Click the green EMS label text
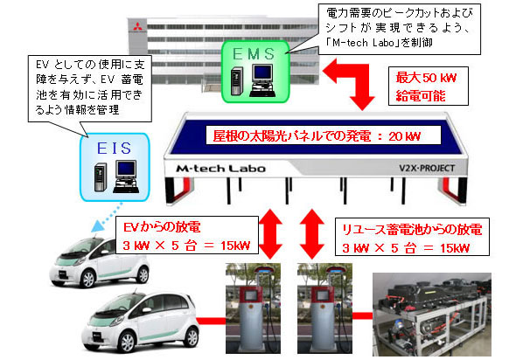[x=254, y=54]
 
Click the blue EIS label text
[x=115, y=149]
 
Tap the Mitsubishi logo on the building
[x=137, y=26]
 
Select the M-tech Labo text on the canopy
[x=220, y=169]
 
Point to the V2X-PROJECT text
[x=427, y=168]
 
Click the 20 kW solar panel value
[x=404, y=136]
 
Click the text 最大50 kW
[x=426, y=78]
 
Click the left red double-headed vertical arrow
[x=270, y=234]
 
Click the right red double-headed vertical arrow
[x=311, y=234]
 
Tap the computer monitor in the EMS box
[x=262, y=73]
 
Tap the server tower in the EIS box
[x=101, y=177]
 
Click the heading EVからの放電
[x=162, y=227]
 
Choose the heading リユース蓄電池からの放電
[x=412, y=229]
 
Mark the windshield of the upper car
[x=83, y=246]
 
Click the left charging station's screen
[x=251, y=295]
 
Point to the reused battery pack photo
[x=432, y=315]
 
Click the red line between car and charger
[x=211, y=321]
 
